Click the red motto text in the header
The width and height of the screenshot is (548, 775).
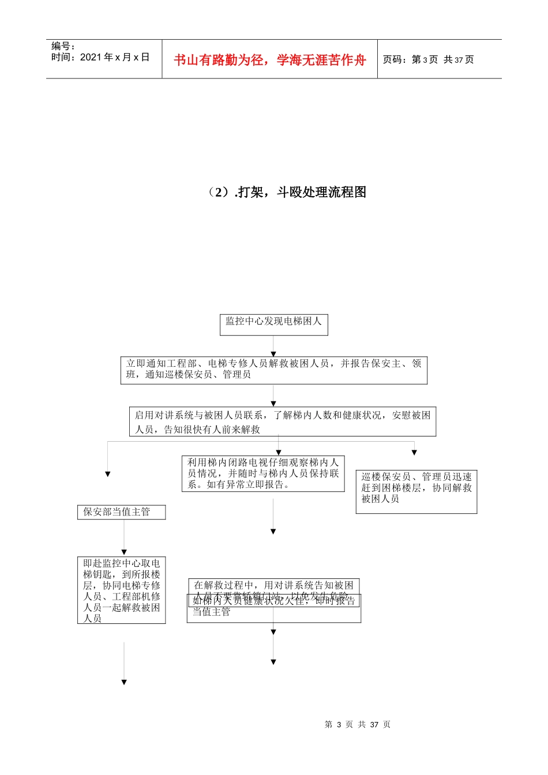(269, 60)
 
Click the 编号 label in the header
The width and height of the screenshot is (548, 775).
(63, 46)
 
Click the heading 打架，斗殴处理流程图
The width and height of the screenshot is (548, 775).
(287, 192)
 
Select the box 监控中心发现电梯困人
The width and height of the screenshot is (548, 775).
(273, 324)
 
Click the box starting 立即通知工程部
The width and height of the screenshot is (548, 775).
(273, 370)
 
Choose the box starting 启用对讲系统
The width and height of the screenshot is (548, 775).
(282, 422)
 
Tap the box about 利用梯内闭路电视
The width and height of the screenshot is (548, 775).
(263, 473)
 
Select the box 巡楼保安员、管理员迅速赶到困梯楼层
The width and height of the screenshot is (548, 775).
(416, 491)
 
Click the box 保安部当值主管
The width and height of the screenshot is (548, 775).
(121, 512)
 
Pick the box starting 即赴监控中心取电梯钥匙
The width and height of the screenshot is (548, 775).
(121, 590)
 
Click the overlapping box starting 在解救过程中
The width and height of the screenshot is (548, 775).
(273, 586)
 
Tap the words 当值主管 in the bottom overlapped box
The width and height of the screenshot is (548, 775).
(211, 612)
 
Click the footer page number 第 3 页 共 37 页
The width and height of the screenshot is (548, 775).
(357, 724)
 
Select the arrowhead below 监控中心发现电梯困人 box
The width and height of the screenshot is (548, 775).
(273, 353)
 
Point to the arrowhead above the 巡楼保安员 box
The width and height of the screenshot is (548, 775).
(414, 453)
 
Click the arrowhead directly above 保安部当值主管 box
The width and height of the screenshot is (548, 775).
(107, 474)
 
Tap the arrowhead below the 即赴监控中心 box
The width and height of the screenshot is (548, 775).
(124, 682)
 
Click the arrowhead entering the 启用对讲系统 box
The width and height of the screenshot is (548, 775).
(273, 404)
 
